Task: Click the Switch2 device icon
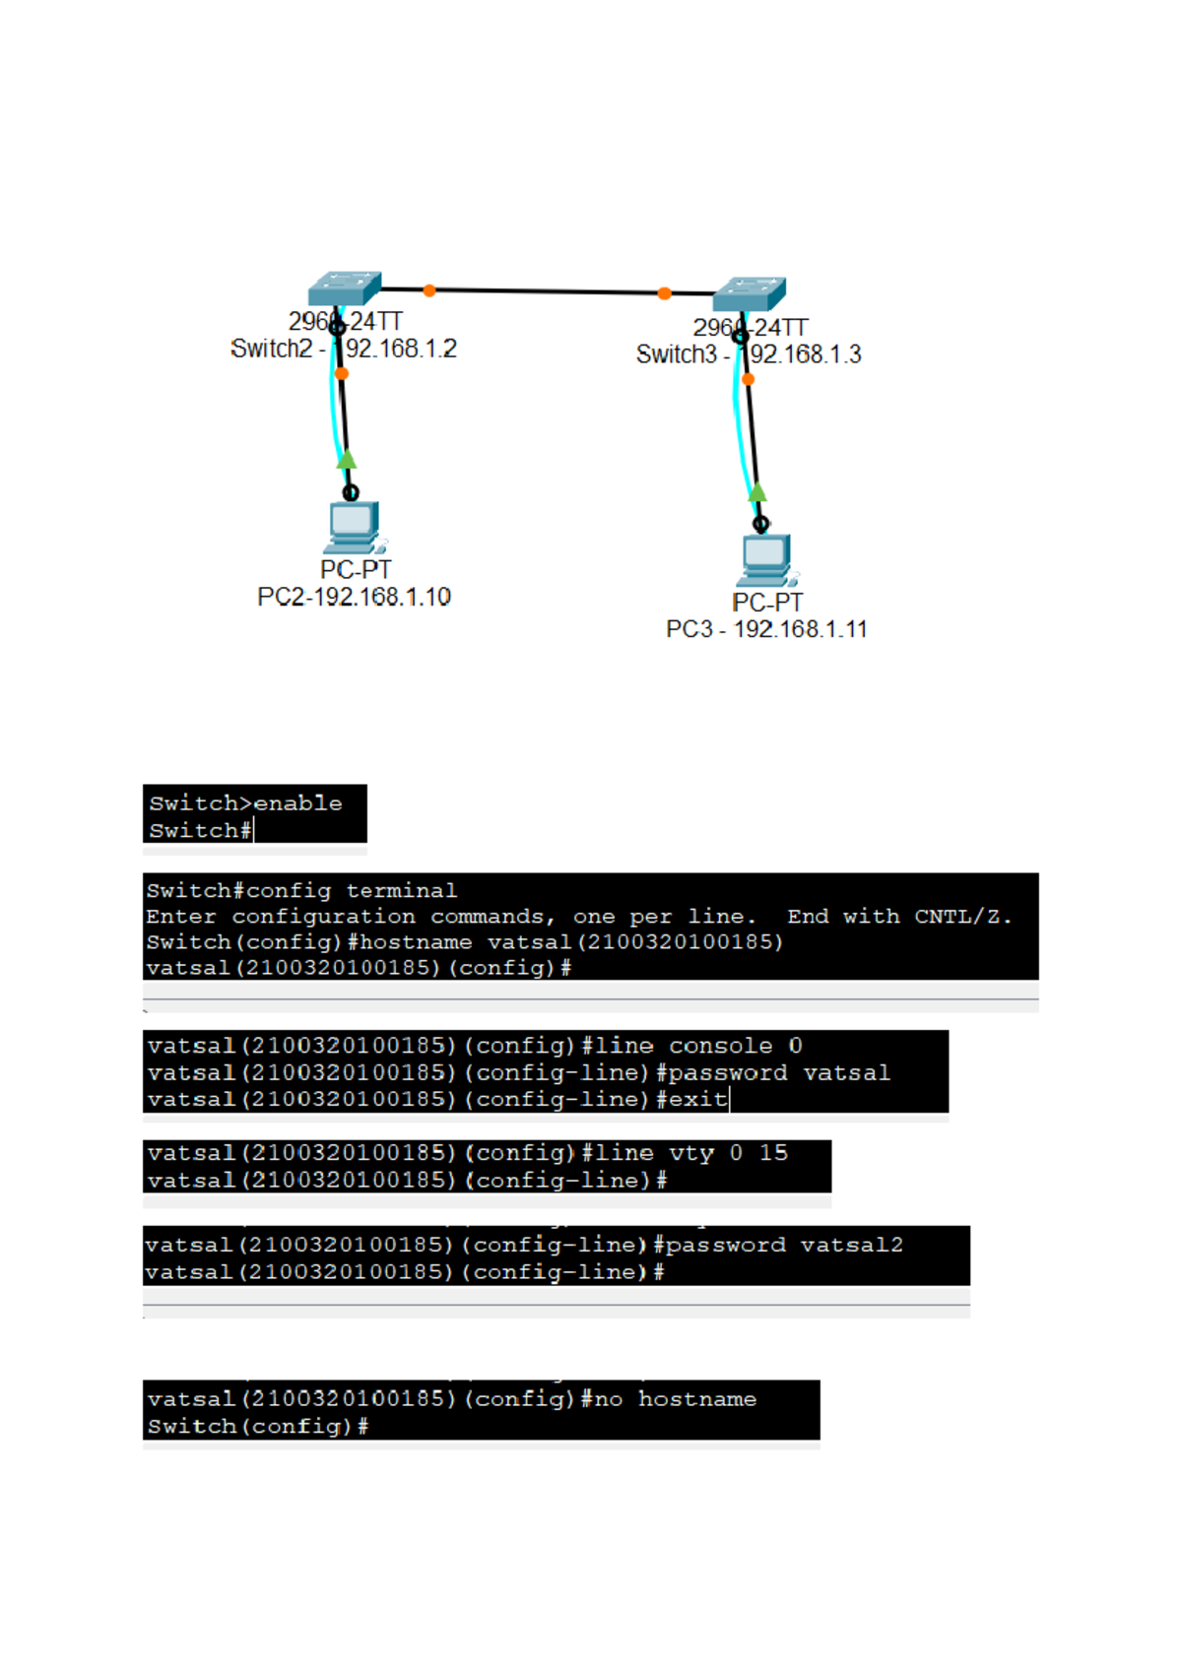(344, 289)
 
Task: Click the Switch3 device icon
(749, 293)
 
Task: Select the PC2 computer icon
(353, 527)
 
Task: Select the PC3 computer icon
(765, 559)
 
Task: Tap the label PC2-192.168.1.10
(354, 598)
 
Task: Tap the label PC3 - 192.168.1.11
(766, 630)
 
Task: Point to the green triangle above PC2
(347, 460)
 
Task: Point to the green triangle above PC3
(756, 492)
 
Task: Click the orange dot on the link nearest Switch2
(429, 290)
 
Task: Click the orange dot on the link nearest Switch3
(665, 293)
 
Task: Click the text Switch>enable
(246, 803)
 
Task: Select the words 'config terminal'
(352, 891)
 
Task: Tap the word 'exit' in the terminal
(697, 1099)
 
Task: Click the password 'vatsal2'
(851, 1246)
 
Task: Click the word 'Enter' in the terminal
(180, 917)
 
